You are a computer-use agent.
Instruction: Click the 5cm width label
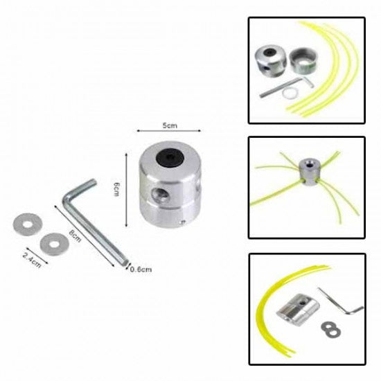pos(170,125)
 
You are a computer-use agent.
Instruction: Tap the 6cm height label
pos(117,189)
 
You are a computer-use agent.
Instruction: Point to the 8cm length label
pos(75,236)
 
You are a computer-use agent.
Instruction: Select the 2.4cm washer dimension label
pos(32,260)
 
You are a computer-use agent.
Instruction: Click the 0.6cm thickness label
pos(141,269)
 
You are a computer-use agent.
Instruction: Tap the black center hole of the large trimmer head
pos(170,158)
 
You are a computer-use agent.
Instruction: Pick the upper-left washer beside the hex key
pos(28,224)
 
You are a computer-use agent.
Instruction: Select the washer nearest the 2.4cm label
pos(55,244)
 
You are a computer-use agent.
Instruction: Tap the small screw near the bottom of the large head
pos(184,222)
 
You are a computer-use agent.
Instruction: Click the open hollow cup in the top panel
pos(303,60)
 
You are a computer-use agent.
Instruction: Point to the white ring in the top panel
pos(290,94)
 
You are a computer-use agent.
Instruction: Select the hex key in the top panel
pos(287,87)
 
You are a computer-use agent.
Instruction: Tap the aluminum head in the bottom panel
pos(298,309)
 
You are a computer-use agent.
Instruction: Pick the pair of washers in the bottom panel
pos(330,330)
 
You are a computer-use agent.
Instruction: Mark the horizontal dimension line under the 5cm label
pos(168,131)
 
